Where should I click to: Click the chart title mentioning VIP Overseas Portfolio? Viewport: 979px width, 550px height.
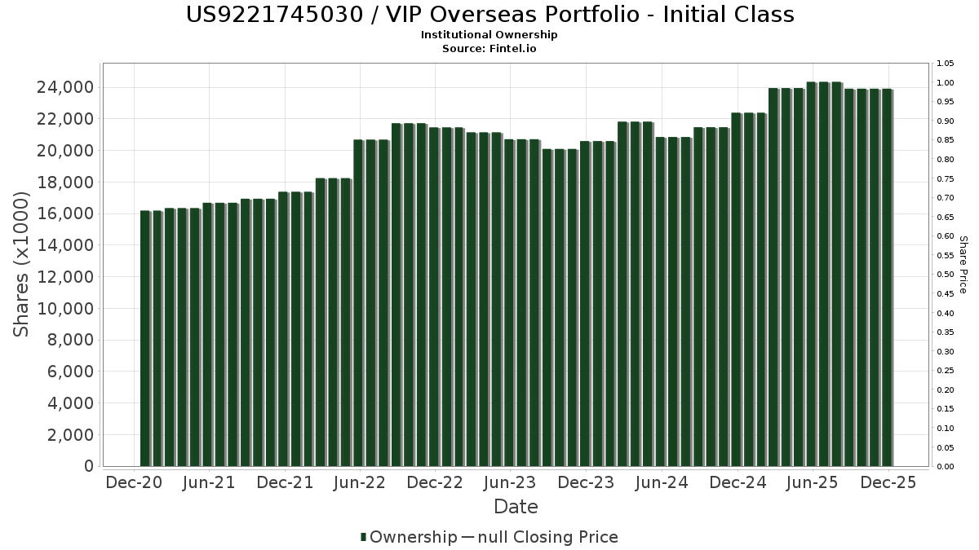pos(489,15)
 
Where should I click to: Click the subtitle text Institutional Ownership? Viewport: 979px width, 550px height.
pos(489,35)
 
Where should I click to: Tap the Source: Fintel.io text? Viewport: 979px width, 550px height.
pos(489,49)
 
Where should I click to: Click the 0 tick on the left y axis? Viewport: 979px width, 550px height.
pos(87,467)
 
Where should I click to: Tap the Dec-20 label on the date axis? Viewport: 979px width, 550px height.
pos(135,483)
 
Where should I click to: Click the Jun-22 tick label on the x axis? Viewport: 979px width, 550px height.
pos(360,483)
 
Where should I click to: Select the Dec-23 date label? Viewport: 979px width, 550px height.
pos(586,483)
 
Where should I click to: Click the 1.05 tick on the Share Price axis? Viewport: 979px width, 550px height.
pos(946,64)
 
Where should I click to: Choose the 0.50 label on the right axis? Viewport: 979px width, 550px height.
pos(946,275)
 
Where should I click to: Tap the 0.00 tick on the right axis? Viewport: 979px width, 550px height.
pos(946,467)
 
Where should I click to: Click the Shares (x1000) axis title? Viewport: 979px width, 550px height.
pos(22,265)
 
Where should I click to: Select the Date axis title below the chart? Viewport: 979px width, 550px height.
pos(516,507)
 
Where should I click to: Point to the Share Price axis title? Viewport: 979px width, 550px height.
pos(963,265)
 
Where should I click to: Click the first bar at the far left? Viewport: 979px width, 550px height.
pos(145,338)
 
